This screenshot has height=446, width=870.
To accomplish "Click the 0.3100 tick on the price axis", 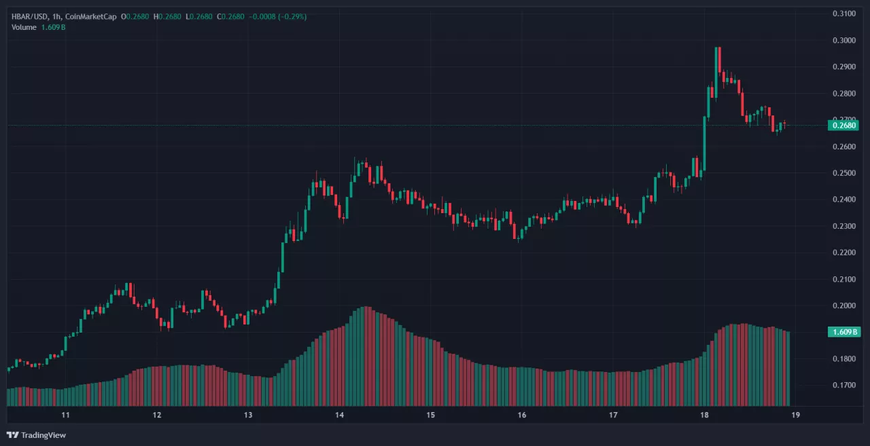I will point(843,14).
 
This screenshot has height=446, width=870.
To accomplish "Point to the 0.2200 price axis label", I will point(843,253).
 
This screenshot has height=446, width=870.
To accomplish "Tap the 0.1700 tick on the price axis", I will point(843,386).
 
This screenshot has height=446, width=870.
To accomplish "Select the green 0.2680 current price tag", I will point(843,125).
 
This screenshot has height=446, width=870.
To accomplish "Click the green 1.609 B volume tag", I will point(843,332).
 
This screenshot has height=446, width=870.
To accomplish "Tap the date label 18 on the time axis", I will point(704,415).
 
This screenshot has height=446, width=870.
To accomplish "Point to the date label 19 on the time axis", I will point(795,415).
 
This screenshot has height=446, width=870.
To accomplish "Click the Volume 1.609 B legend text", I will point(38,27).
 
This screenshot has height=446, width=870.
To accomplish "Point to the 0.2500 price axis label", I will point(843,173).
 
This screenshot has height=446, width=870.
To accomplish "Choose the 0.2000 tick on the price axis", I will point(843,305).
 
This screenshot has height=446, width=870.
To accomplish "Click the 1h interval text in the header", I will point(58,16).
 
